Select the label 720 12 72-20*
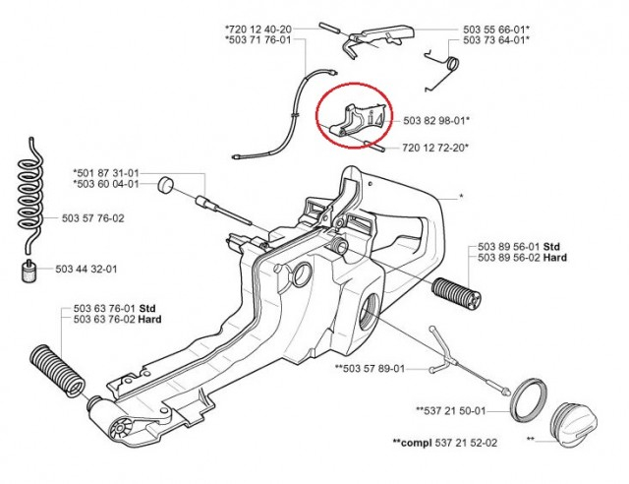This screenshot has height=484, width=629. tap(435, 148)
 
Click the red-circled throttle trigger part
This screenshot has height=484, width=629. tap(356, 116)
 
